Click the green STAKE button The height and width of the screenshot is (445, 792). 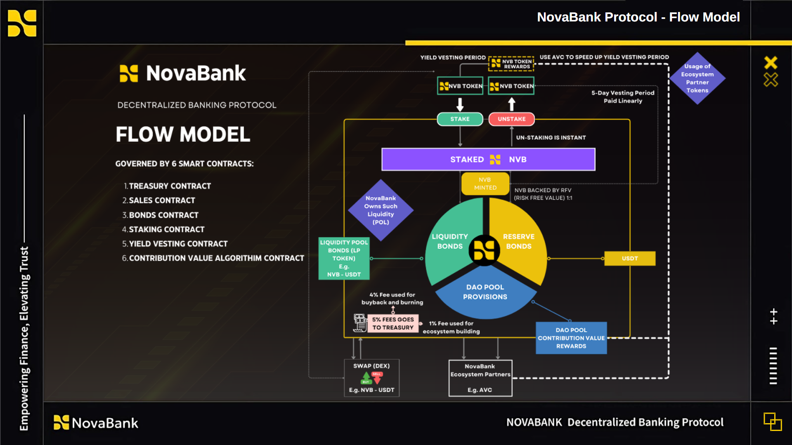tap(460, 119)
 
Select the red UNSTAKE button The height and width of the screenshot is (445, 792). tap(511, 119)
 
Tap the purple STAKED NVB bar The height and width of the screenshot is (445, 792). tap(488, 159)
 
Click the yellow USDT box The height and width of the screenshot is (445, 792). tap(630, 259)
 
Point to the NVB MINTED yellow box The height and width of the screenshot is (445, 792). tap(485, 184)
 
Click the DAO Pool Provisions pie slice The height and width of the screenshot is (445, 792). tap(485, 295)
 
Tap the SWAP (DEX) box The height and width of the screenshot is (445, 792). tap(372, 378)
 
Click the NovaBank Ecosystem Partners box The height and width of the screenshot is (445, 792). tap(480, 378)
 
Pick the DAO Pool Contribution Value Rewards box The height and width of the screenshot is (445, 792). tap(571, 338)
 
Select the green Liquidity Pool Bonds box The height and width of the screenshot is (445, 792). tap(344, 259)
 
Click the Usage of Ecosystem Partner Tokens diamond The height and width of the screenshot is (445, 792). tap(697, 78)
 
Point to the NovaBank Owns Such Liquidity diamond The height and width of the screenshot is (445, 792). tap(381, 210)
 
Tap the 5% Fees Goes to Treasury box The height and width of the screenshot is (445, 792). tap(393, 323)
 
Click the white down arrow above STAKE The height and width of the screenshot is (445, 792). tap(460, 104)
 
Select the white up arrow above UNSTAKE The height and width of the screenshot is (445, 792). tap(512, 104)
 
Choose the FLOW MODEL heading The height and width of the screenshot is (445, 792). tap(183, 134)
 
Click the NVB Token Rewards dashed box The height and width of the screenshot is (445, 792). tap(511, 64)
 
